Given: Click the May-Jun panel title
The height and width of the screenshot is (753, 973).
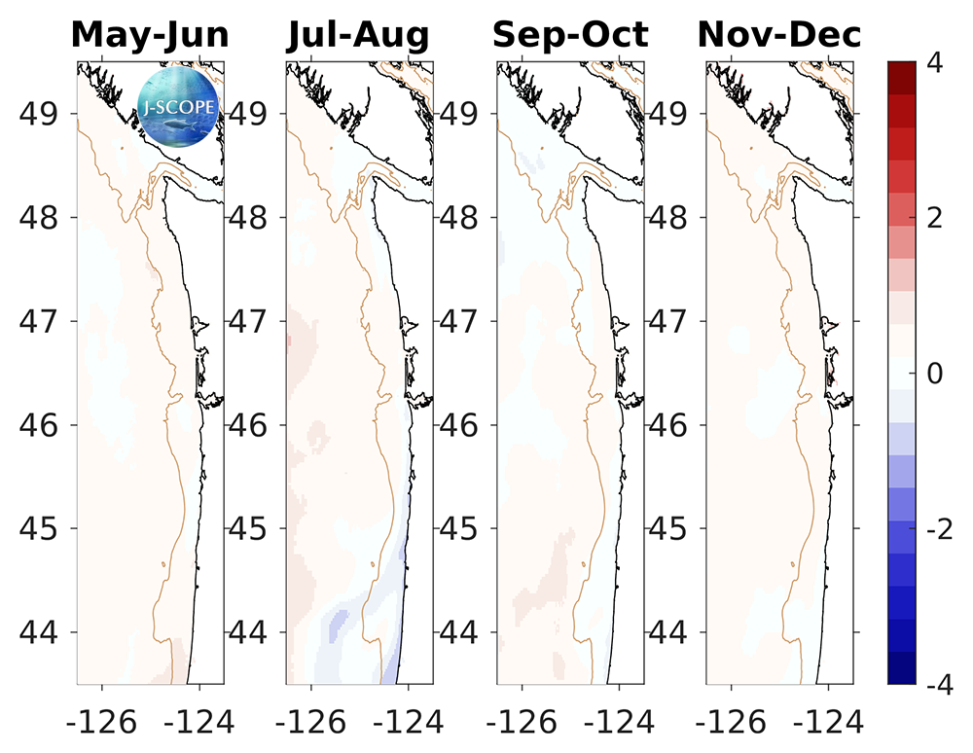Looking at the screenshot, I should point(150,35).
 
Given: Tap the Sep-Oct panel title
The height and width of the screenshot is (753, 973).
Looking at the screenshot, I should point(569,35).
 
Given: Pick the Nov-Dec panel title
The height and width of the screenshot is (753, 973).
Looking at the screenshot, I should point(779,35).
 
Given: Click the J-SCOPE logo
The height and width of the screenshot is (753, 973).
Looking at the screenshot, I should point(180,105).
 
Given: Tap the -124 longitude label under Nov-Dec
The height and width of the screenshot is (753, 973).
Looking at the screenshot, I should point(828,721).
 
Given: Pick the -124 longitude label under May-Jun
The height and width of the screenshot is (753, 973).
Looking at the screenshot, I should point(198,721).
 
